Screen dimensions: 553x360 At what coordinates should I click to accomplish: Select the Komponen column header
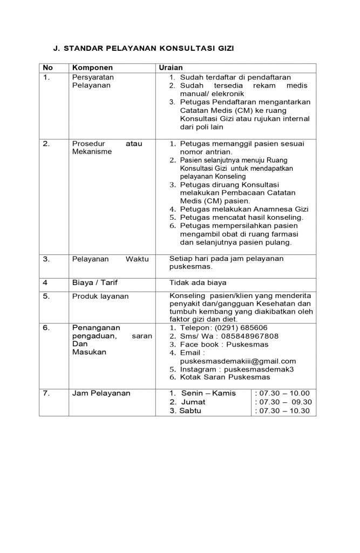[92, 68]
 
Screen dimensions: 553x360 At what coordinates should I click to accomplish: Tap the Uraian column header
[170, 68]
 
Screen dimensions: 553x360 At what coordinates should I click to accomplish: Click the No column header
[47, 68]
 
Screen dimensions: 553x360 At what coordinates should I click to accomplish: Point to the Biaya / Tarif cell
[94, 282]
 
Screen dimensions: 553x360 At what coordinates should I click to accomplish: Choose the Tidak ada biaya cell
[198, 282]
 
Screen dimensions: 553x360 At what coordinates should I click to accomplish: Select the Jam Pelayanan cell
[101, 393]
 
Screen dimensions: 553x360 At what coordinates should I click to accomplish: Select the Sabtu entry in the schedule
[191, 411]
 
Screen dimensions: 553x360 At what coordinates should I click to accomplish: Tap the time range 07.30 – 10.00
[283, 393]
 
